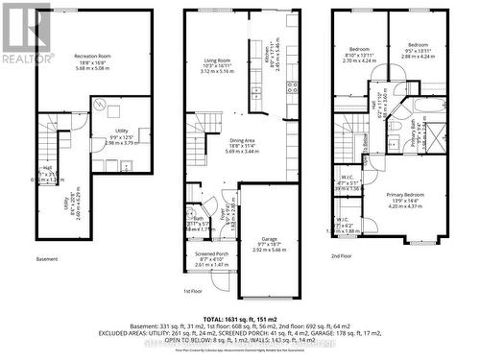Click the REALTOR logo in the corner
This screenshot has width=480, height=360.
26,35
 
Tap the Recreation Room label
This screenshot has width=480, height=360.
93,61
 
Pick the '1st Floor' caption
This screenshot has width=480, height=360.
195,291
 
